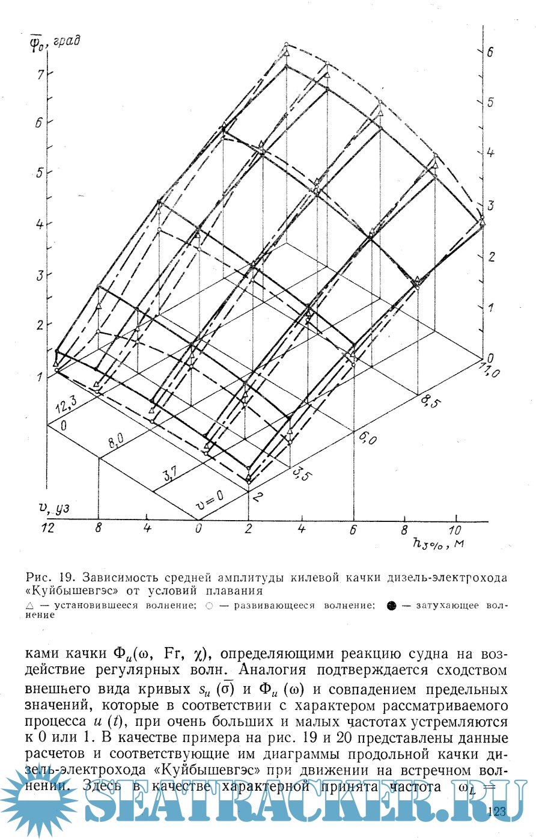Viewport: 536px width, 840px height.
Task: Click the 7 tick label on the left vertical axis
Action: [40, 74]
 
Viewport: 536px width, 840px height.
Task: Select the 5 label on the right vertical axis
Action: [490, 102]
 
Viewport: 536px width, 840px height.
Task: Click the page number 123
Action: [498, 812]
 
